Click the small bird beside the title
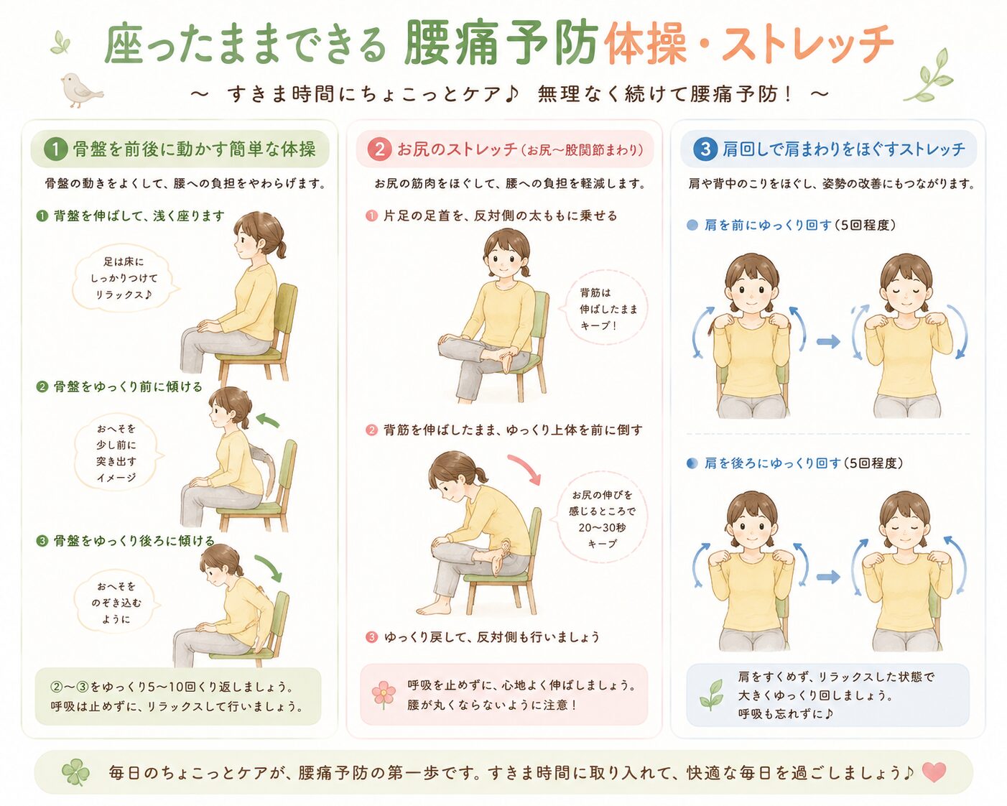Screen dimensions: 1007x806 (81, 90)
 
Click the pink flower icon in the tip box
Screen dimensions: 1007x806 (384, 694)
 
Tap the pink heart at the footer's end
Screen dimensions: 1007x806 (934, 772)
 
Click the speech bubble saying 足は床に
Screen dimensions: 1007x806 (124, 279)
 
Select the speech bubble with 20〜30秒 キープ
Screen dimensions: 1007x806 (601, 519)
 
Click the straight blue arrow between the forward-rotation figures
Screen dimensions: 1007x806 (828, 342)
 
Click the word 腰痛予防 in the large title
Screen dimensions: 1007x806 (501, 43)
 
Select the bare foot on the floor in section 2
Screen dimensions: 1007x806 (433, 608)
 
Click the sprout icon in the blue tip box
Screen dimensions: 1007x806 (711, 695)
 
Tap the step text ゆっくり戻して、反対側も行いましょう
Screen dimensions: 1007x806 (492, 637)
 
